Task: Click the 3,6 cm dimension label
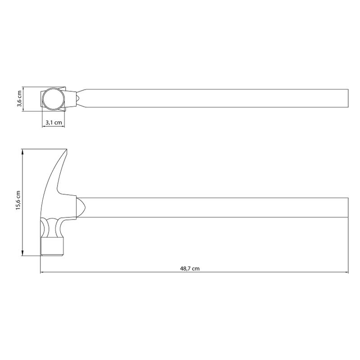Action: tap(19, 99)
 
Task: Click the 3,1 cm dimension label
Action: tap(54, 122)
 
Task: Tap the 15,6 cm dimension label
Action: tap(18, 200)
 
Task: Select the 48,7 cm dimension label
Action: tap(189, 268)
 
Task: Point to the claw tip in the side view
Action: tap(66, 149)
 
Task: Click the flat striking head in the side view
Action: tap(52, 246)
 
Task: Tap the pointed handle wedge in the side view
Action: tap(81, 207)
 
